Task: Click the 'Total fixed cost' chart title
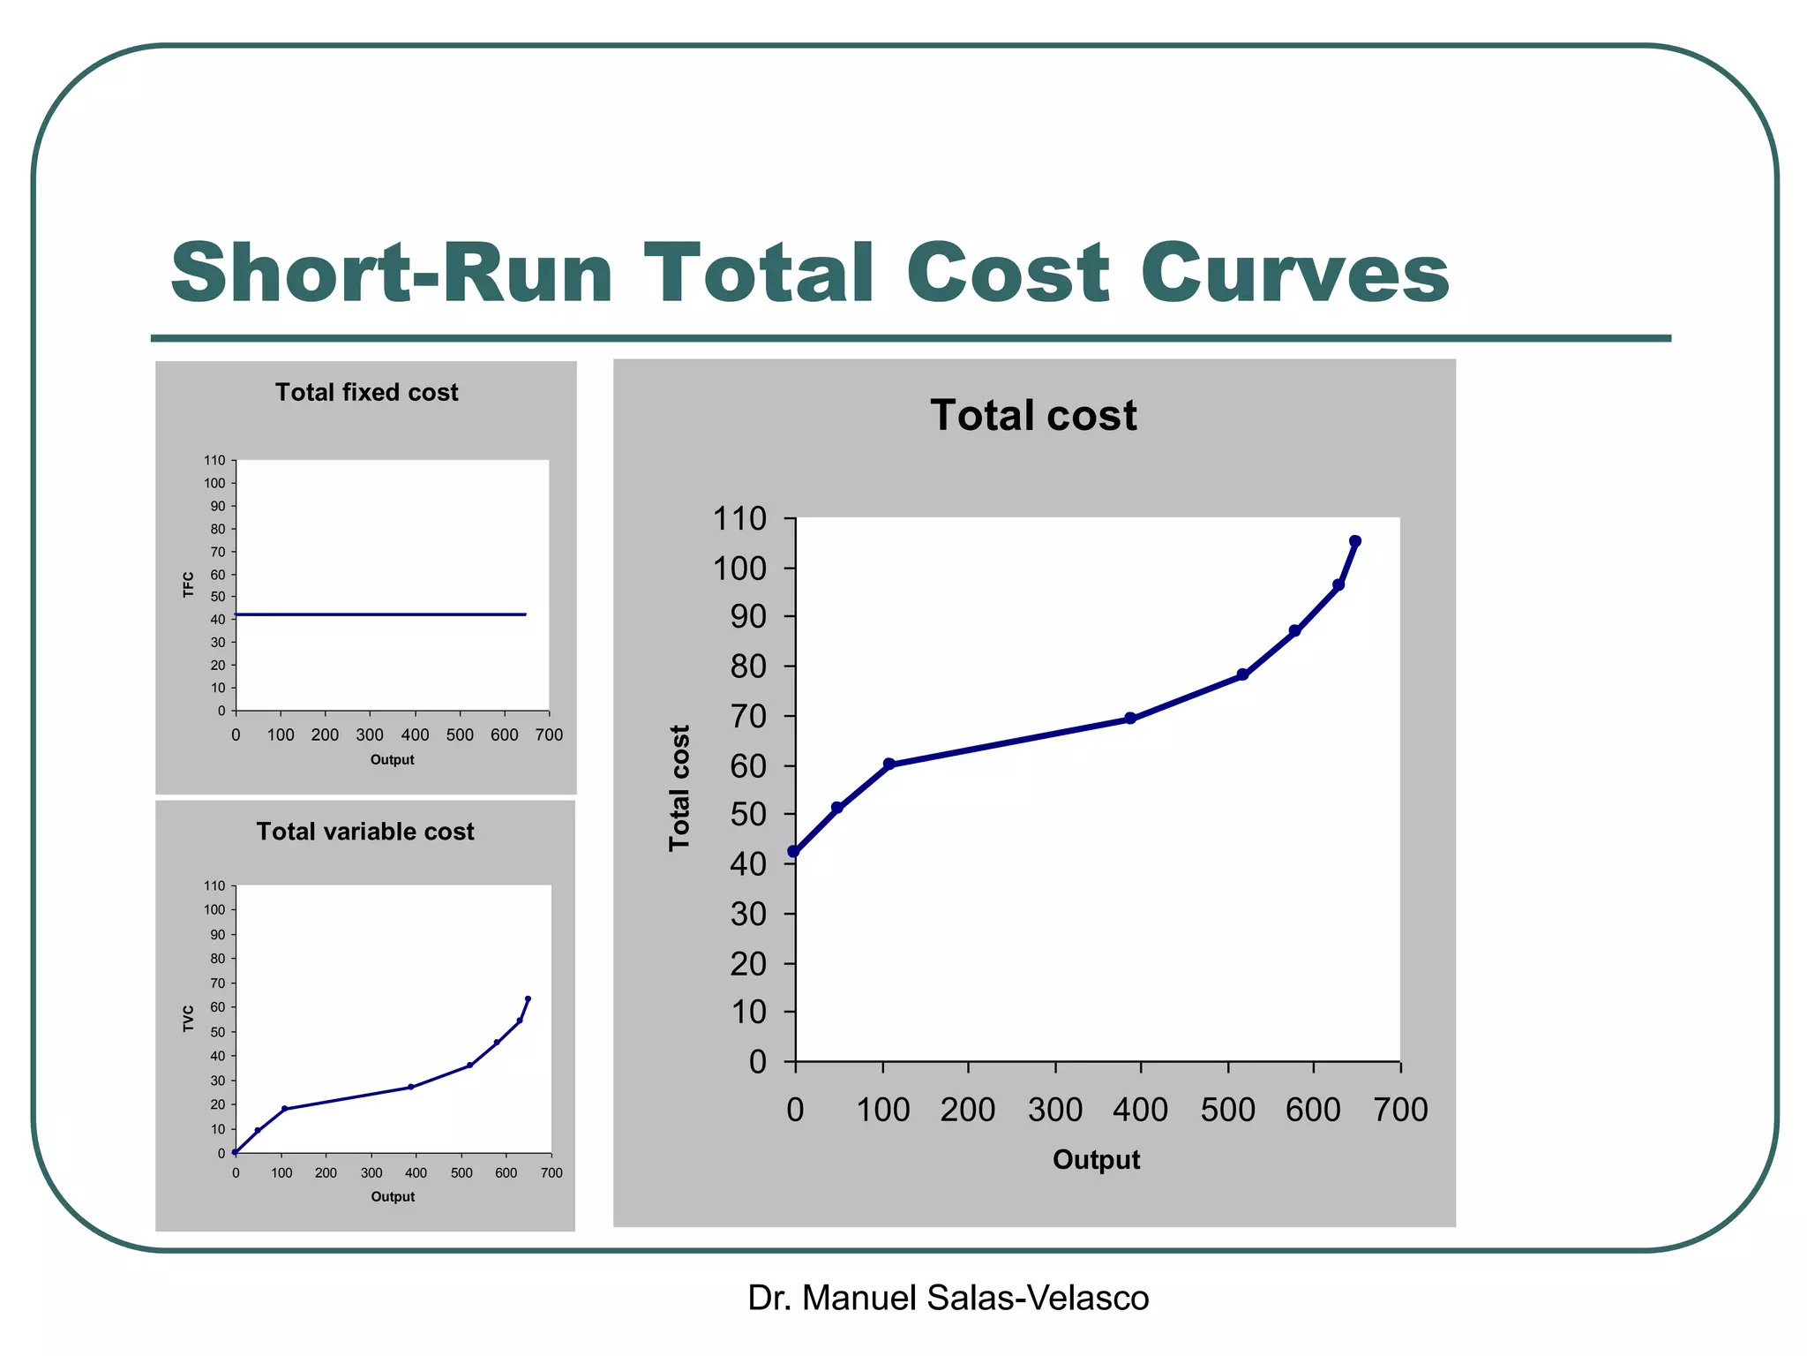point(366,392)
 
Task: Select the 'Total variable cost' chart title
point(365,832)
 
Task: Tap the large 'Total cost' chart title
point(1033,415)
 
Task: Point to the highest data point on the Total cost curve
point(1355,541)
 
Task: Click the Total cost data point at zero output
point(794,852)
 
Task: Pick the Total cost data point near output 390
point(1130,719)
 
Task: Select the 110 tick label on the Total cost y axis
point(739,519)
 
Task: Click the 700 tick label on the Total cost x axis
point(1400,1111)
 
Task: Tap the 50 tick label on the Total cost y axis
point(748,815)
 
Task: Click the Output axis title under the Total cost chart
point(1096,1160)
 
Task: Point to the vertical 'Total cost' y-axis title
point(679,787)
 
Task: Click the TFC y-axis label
point(188,584)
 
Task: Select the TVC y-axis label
point(188,1018)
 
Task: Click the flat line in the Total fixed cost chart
point(379,614)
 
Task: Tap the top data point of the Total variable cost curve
point(528,998)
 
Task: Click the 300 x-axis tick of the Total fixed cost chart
point(370,734)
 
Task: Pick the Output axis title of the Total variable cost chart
point(393,1197)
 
